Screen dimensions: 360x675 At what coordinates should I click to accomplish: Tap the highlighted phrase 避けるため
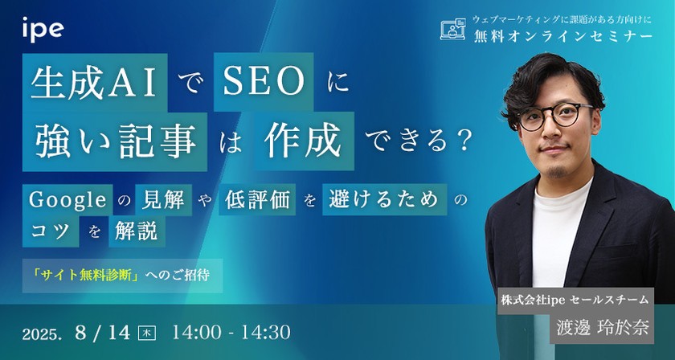[383, 200]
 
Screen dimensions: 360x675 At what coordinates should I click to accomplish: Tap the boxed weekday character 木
[148, 331]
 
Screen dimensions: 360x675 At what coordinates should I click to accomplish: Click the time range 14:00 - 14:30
[230, 331]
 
